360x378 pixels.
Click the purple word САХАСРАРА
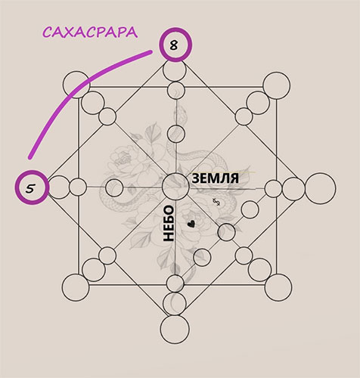click(x=90, y=33)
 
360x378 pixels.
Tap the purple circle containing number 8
click(x=175, y=45)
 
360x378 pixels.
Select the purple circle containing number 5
click(x=32, y=187)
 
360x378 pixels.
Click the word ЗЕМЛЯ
click(x=215, y=178)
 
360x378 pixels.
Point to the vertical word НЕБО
click(x=169, y=223)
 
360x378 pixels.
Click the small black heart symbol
click(x=191, y=224)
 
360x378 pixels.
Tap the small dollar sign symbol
click(x=216, y=202)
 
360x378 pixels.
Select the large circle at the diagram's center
click(x=175, y=187)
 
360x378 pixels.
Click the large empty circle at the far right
click(x=320, y=188)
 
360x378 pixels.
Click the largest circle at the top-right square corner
click(x=277, y=85)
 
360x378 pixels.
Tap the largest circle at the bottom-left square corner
click(x=76, y=287)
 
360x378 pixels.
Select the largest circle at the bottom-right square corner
click(x=278, y=287)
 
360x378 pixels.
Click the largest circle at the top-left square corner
click(x=76, y=85)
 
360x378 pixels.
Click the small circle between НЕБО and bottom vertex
click(x=175, y=283)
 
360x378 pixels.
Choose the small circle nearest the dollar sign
click(x=250, y=209)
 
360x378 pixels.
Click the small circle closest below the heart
click(x=202, y=257)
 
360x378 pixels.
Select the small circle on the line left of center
click(x=114, y=187)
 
